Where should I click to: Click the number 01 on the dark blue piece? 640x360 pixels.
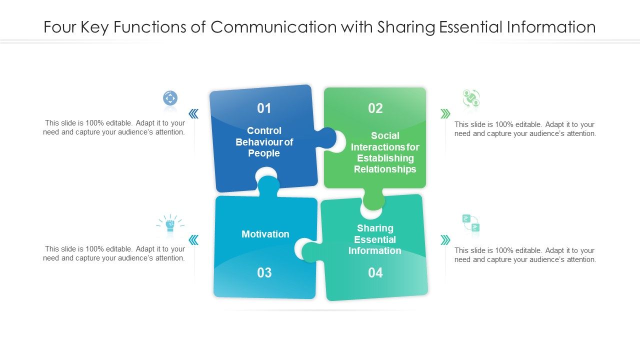pos(264,108)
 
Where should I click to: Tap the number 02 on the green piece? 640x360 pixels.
pos(375,108)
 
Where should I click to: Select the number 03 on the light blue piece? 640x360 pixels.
pos(264,272)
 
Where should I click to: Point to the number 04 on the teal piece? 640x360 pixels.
pos(375,272)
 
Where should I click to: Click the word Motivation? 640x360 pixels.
pos(265,234)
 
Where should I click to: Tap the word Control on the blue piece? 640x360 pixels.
pos(264,130)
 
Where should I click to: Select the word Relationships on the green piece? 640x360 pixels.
pos(385,169)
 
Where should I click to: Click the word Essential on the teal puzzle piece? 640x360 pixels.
pos(375,239)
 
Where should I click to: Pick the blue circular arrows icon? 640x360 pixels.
pos(170,98)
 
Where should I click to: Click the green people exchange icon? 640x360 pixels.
pos(471,98)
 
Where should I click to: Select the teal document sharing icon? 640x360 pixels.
pos(471,223)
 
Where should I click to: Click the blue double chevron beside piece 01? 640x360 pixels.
pos(193,113)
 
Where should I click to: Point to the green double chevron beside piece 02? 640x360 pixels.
pos(445,113)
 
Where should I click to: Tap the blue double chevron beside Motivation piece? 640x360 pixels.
pos(193,240)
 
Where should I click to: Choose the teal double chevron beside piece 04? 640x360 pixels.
pos(445,240)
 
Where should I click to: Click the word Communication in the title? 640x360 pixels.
pos(273,27)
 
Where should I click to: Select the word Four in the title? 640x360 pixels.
pos(60,27)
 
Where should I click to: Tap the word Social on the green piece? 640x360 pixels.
pos(385,135)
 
